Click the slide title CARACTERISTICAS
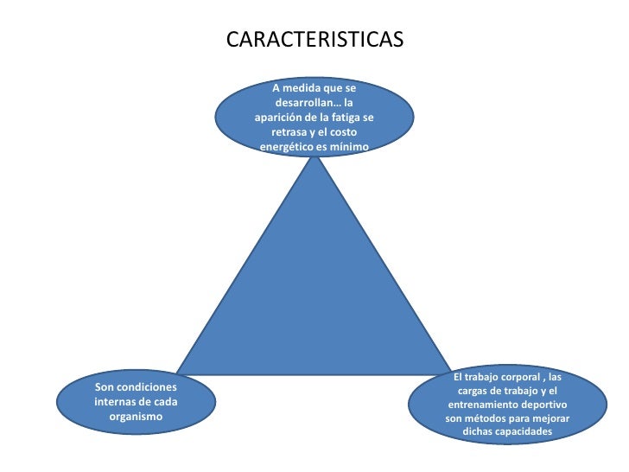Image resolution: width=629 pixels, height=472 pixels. pos(314,41)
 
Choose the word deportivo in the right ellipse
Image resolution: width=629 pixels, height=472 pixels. pos(547,405)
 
